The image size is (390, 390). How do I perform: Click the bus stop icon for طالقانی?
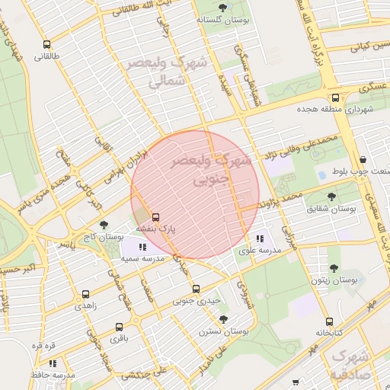[47, 44]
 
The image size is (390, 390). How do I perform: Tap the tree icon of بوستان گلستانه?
[222, 8]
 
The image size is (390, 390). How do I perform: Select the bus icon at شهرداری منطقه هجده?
[335, 97]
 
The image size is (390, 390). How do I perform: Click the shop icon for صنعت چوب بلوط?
[362, 160]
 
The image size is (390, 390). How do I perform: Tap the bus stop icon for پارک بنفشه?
[156, 217]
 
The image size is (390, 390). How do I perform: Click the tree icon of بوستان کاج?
[104, 225]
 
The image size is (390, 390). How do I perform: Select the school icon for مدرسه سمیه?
[142, 246]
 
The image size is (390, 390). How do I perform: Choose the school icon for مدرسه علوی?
[260, 239]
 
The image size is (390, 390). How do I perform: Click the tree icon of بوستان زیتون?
[333, 267]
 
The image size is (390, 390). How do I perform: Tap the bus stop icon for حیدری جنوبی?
[196, 289]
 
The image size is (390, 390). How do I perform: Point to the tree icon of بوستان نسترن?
[222, 320]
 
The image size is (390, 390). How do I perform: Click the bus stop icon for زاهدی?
[85, 293]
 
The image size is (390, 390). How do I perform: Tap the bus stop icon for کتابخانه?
[329, 321]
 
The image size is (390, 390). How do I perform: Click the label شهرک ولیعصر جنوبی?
[216, 171]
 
